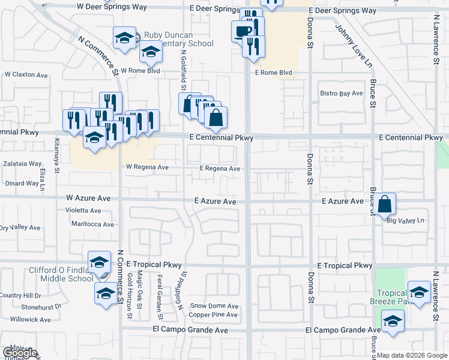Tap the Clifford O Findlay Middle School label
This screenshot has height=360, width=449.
(x=62, y=274)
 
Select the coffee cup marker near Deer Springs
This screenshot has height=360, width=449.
(x=242, y=31)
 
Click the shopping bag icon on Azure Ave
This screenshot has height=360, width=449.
(x=385, y=204)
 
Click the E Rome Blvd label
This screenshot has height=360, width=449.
(x=274, y=73)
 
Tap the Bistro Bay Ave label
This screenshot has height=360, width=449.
(x=342, y=94)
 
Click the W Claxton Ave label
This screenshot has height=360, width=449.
(x=26, y=75)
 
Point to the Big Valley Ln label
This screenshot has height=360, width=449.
(x=405, y=220)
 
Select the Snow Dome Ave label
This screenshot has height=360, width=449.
(x=214, y=305)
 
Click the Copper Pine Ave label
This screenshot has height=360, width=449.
(x=213, y=314)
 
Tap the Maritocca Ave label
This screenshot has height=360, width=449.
(x=92, y=224)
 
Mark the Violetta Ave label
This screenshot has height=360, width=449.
(x=83, y=211)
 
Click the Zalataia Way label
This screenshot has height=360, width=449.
(x=22, y=163)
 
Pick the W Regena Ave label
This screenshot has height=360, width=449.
(x=147, y=167)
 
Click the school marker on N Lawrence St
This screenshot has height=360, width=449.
(x=419, y=292)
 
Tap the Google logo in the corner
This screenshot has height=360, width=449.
(x=19, y=353)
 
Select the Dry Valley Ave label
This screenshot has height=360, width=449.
(x=20, y=228)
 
